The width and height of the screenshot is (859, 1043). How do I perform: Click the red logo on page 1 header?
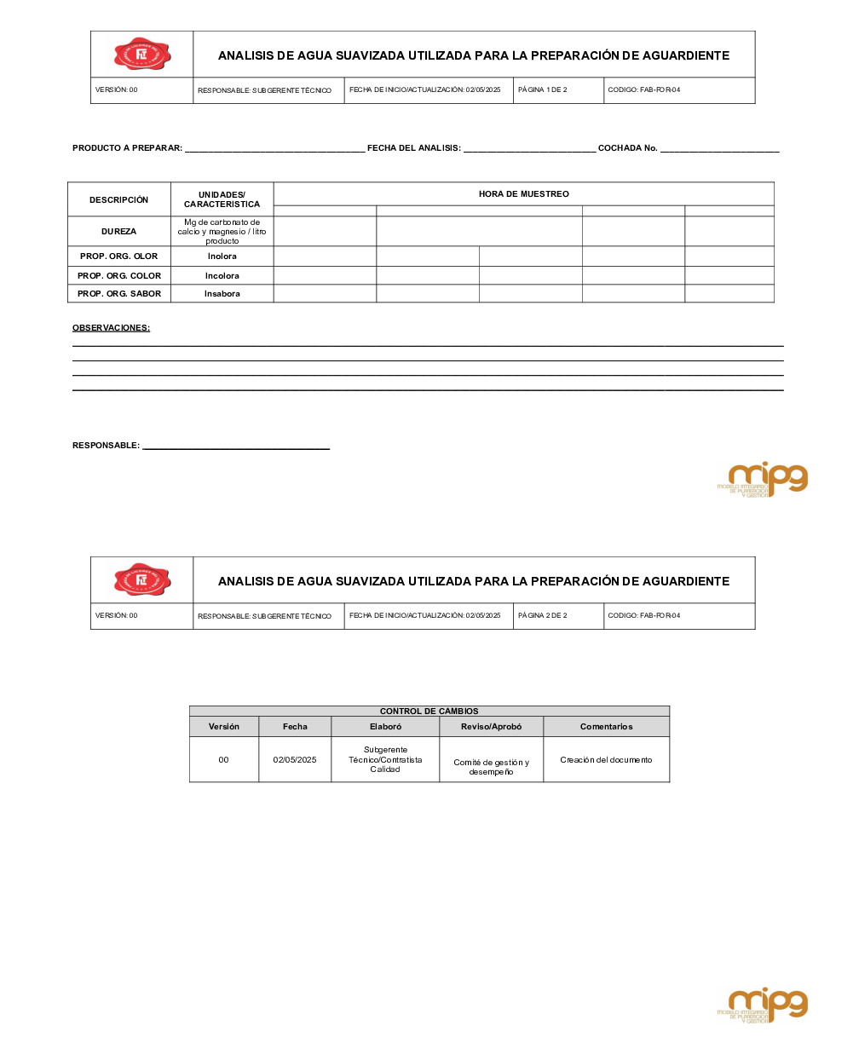pyautogui.click(x=142, y=55)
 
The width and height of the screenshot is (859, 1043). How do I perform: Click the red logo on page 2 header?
pyautogui.click(x=142, y=580)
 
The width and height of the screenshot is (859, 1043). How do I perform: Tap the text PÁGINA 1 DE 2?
pyautogui.click(x=542, y=90)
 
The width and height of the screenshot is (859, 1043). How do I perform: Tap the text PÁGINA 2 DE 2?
pyautogui.click(x=542, y=616)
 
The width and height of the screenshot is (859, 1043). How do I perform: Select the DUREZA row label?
pyautogui.click(x=118, y=232)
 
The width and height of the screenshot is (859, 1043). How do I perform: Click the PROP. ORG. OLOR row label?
pyautogui.click(x=118, y=256)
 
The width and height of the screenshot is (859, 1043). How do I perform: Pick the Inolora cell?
pyautogui.click(x=222, y=256)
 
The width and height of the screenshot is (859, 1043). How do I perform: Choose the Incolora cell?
pyautogui.click(x=222, y=276)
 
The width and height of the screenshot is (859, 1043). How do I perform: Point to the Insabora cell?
pyautogui.click(x=222, y=294)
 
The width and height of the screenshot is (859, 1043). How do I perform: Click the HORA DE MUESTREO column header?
pyautogui.click(x=523, y=194)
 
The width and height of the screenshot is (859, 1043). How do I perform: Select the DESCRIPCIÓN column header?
pyautogui.click(x=118, y=200)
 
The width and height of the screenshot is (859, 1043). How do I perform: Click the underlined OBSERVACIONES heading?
pyautogui.click(x=111, y=328)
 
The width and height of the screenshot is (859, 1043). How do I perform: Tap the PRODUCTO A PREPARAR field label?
pyautogui.click(x=127, y=148)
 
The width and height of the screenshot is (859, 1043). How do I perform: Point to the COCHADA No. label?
pyautogui.click(x=627, y=148)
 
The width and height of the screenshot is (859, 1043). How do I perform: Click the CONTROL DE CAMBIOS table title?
pyautogui.click(x=429, y=712)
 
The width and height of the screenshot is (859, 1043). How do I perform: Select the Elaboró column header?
pyautogui.click(x=385, y=727)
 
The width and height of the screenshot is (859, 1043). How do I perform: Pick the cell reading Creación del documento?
pyautogui.click(x=606, y=760)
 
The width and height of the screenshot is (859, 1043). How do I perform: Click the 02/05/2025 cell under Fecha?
pyautogui.click(x=295, y=760)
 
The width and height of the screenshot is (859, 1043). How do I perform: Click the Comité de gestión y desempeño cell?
pyautogui.click(x=491, y=767)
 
